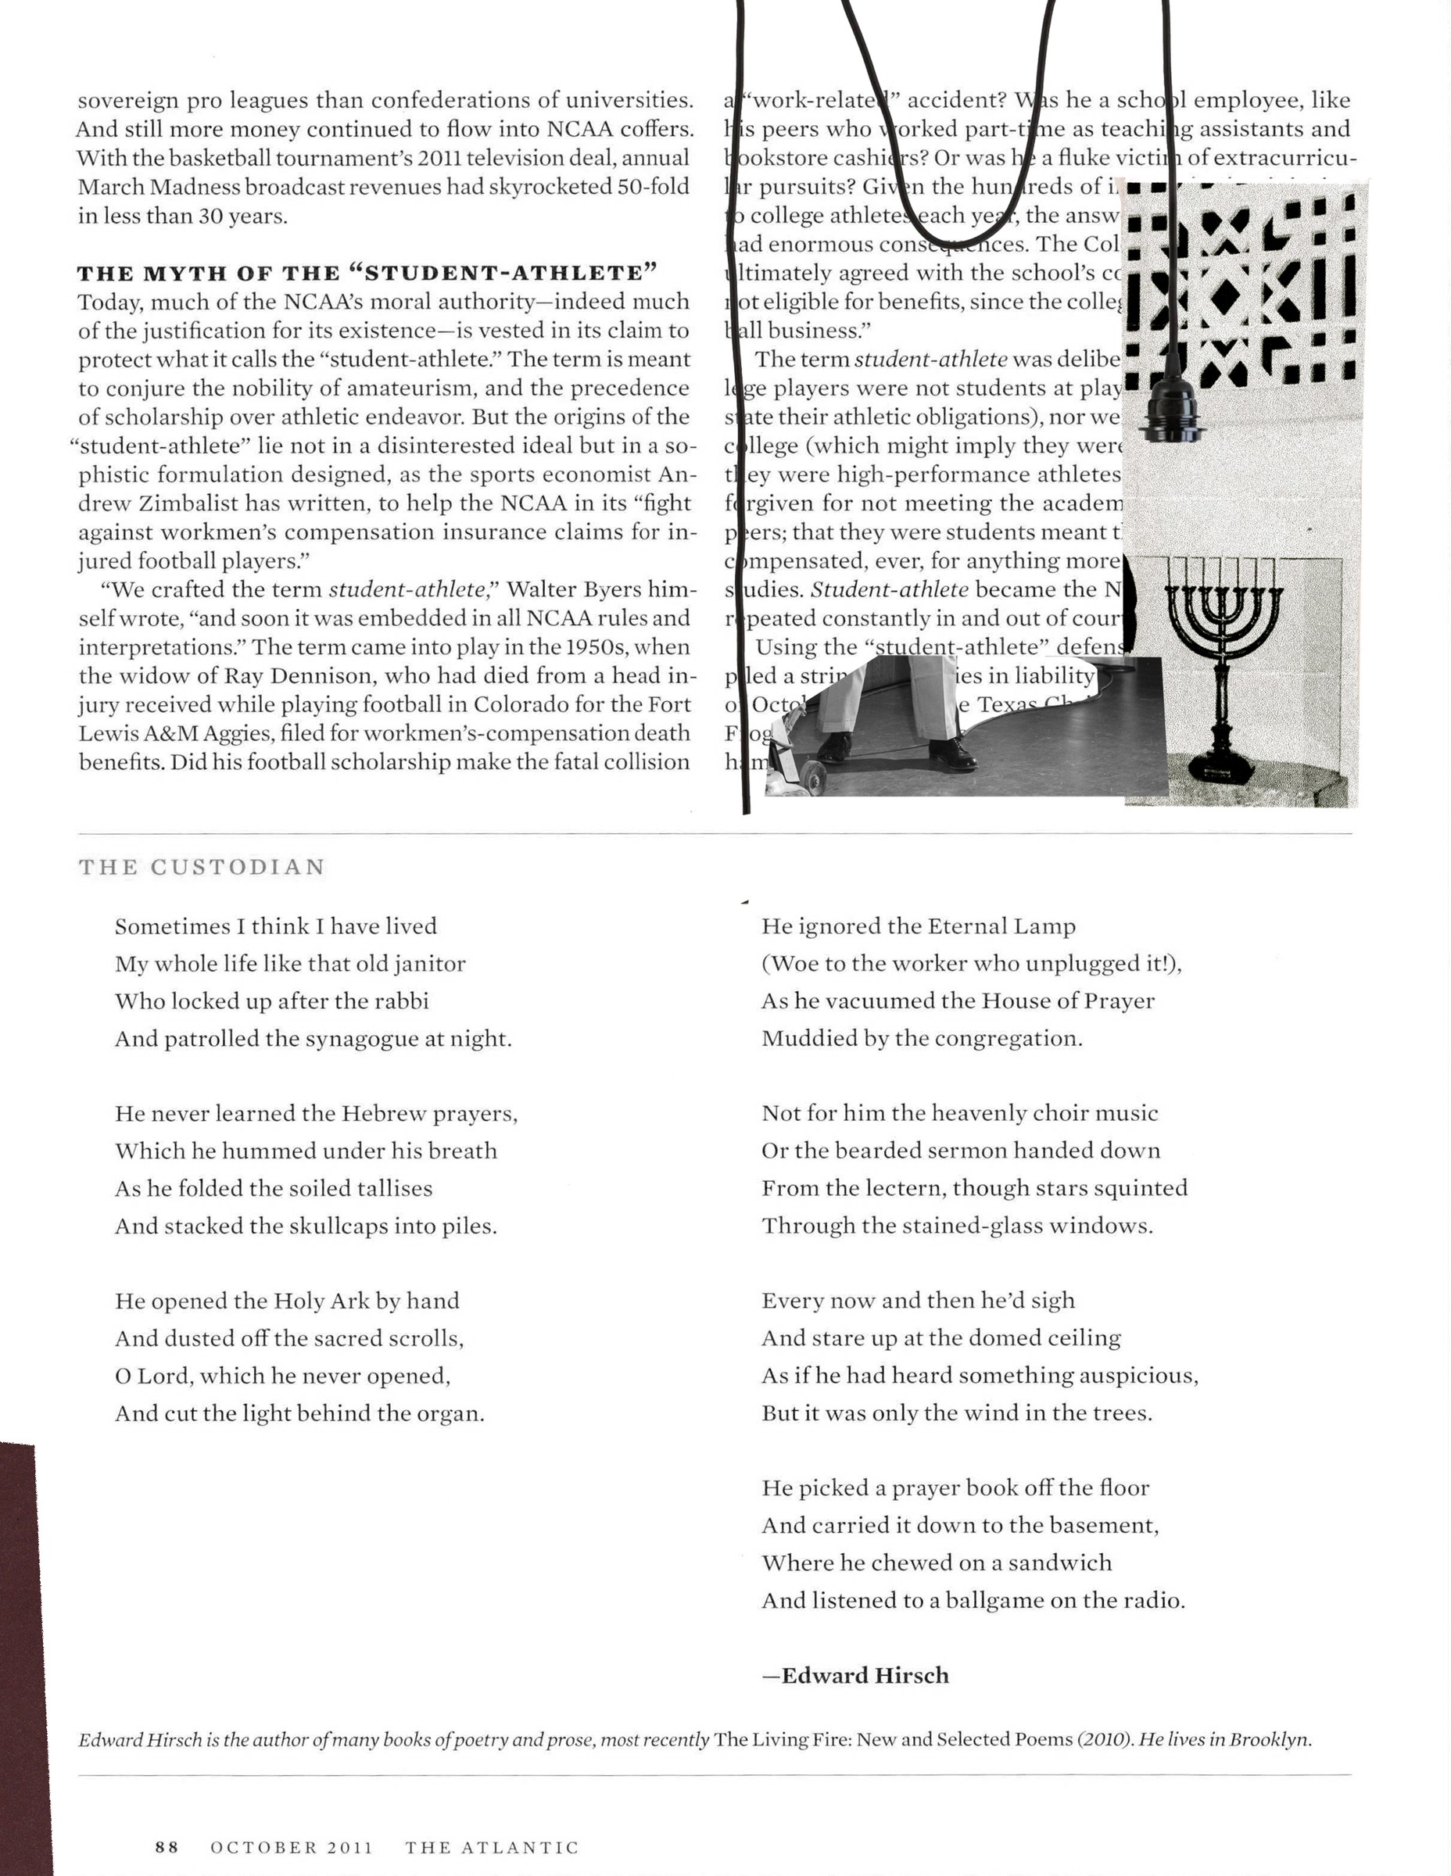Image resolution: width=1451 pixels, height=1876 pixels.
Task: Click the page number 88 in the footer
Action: point(167,1847)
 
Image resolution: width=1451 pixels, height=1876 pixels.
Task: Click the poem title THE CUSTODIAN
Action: point(202,867)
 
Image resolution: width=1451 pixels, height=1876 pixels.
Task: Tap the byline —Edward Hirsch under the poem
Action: point(855,1675)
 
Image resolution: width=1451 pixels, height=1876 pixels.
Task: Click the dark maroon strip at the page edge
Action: point(24,1658)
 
